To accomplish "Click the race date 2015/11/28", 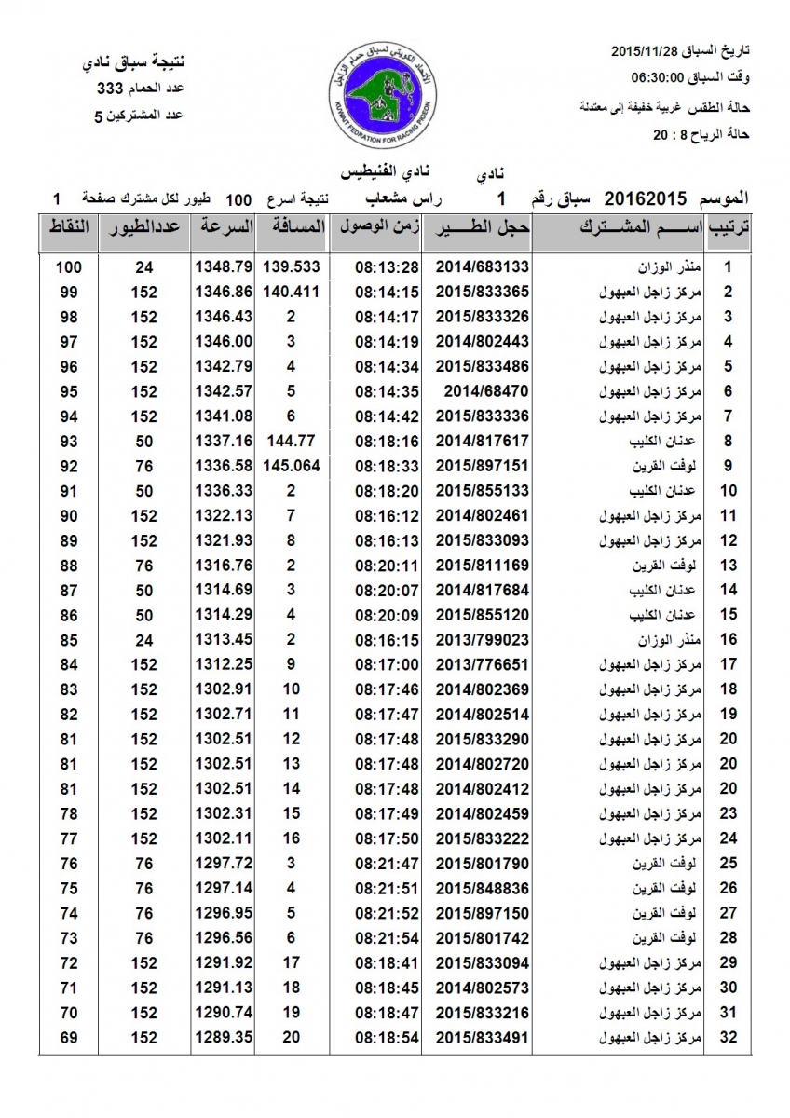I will (x=650, y=48).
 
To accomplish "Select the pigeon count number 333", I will (x=111, y=89).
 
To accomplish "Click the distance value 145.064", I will (x=292, y=466).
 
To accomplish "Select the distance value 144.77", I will (x=292, y=441).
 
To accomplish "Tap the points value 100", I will (x=69, y=266).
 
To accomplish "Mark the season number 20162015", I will (x=646, y=198).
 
